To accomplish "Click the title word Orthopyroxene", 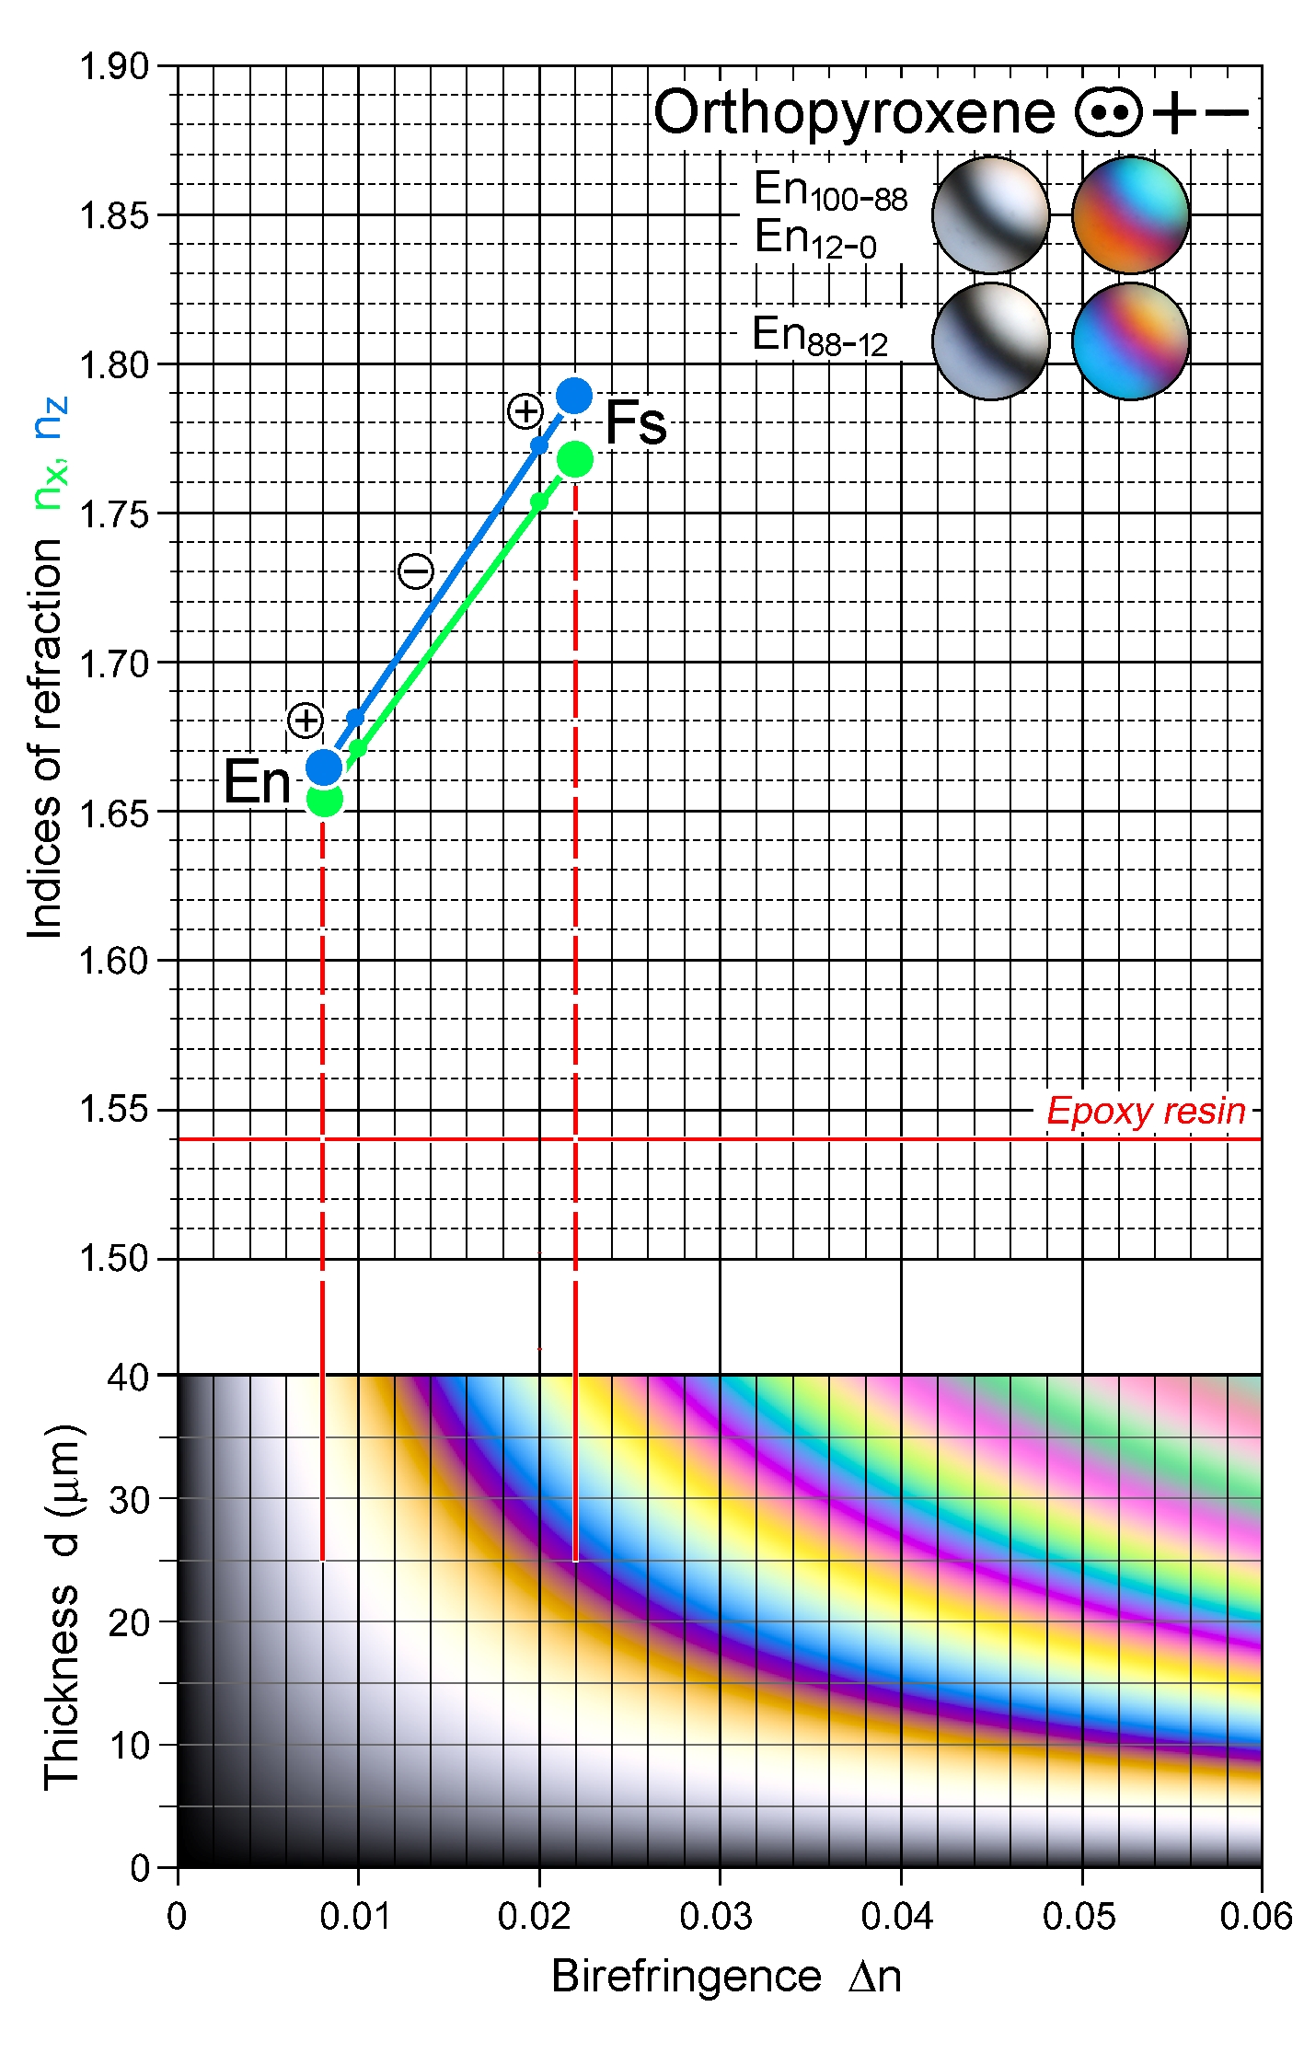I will (x=854, y=113).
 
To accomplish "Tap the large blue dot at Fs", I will (x=574, y=397).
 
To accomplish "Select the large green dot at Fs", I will (x=575, y=459).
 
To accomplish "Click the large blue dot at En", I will (x=324, y=767).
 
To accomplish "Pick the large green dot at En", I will (x=324, y=799).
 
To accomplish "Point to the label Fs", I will (x=635, y=424).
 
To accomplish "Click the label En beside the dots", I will (x=257, y=782).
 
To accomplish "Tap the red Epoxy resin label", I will (x=1146, y=1111).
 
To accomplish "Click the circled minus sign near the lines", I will (x=416, y=571).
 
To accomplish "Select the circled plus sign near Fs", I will (x=525, y=411).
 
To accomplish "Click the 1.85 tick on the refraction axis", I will (x=114, y=216).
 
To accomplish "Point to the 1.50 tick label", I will (x=114, y=1259).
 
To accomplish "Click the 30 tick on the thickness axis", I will (x=129, y=1500).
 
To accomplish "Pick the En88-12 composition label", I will (x=819, y=336).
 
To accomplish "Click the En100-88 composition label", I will (x=830, y=190).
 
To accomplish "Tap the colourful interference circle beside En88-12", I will (x=1130, y=341).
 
